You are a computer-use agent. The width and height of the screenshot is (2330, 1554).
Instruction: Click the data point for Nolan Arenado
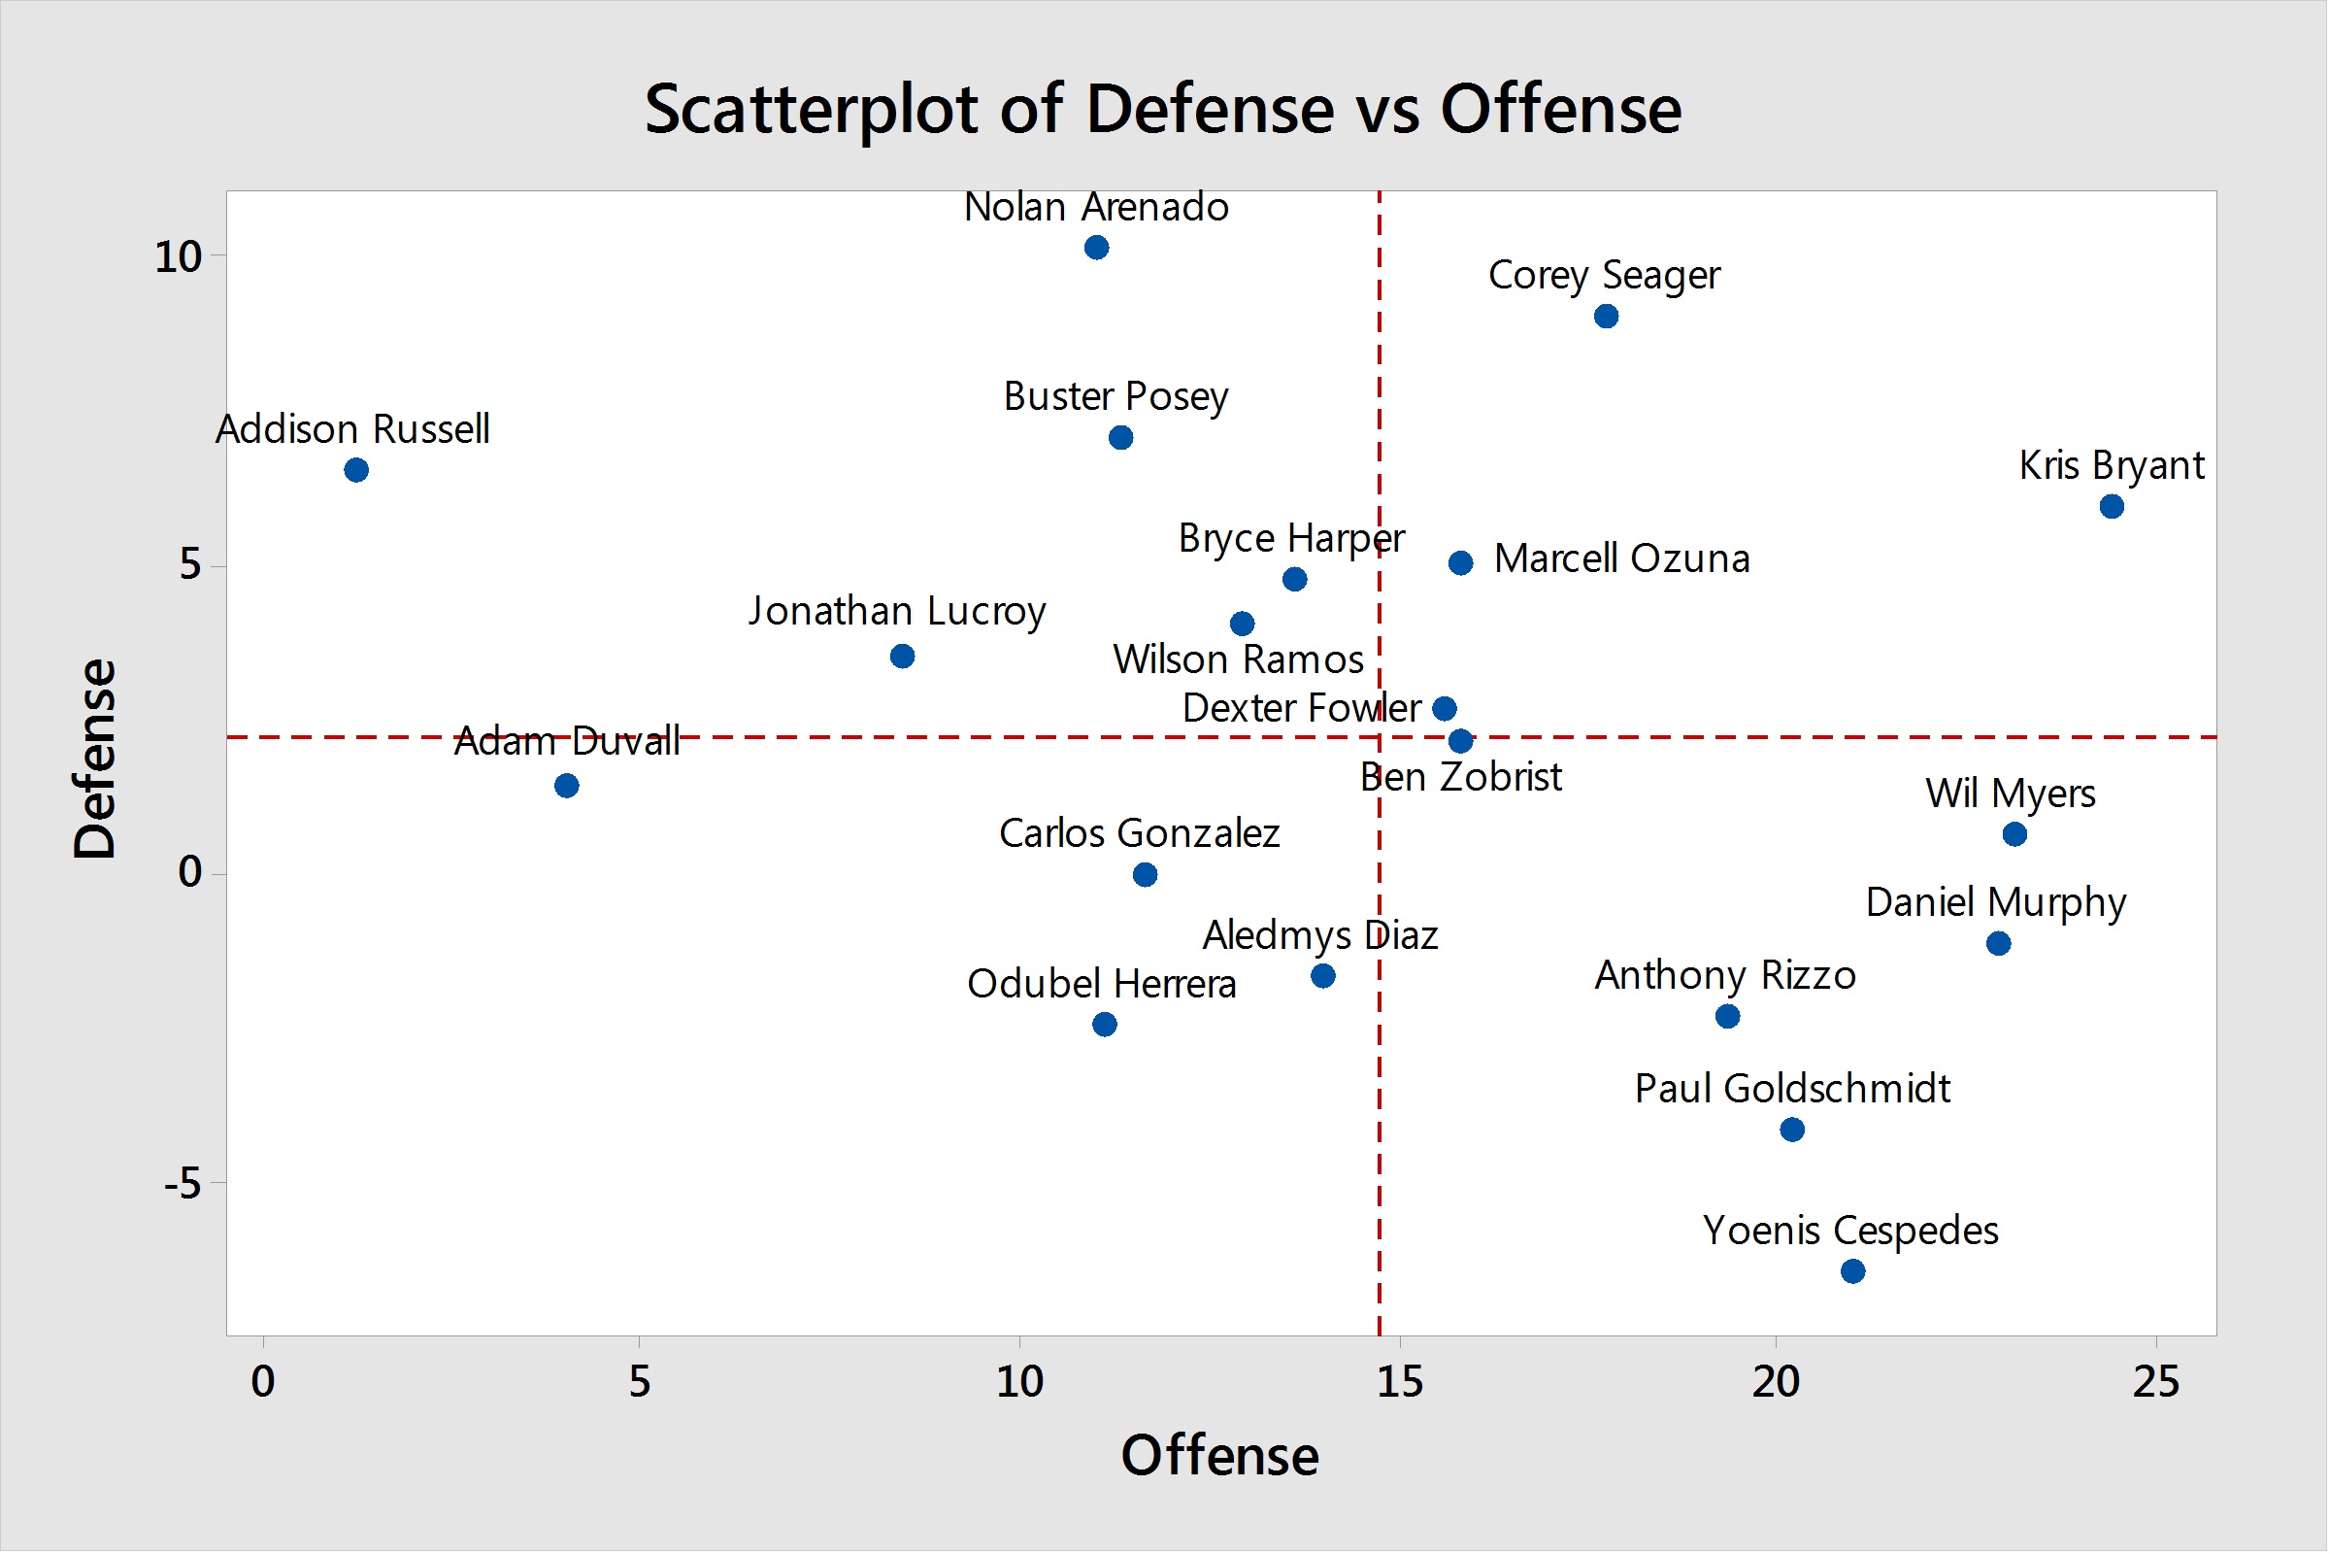click(x=1098, y=248)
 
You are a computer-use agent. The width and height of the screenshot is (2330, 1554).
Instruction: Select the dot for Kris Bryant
click(x=2114, y=507)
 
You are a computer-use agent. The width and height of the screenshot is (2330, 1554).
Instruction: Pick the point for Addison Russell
click(x=356, y=471)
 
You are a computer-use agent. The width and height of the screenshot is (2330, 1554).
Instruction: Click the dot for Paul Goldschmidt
click(x=1794, y=1131)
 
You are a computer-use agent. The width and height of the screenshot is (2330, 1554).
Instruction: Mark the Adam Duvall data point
click(x=567, y=787)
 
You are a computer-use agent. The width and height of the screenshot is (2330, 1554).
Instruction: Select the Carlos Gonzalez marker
click(x=1147, y=875)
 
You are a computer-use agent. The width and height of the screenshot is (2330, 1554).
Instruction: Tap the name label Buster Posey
click(x=1117, y=397)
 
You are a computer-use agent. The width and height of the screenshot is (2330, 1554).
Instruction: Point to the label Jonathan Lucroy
click(x=897, y=613)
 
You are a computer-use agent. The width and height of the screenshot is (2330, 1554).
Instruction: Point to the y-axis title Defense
click(x=96, y=760)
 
